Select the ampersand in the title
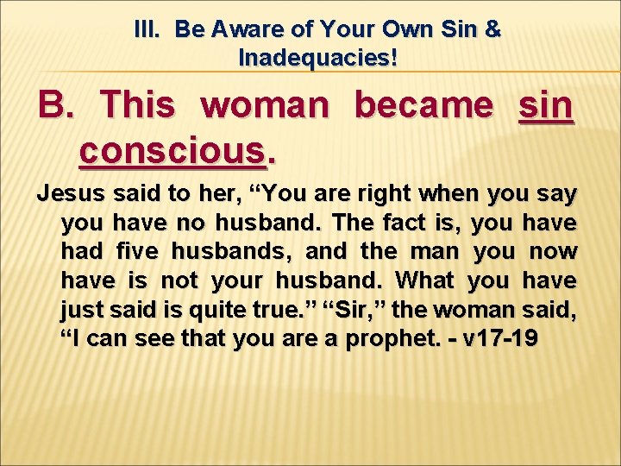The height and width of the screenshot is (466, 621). click(492, 29)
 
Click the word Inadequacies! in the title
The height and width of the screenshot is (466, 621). click(318, 59)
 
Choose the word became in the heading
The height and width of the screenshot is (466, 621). click(423, 106)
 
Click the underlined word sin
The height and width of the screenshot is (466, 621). click(546, 106)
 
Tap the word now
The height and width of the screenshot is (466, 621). click(550, 252)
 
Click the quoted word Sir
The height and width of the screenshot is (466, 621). click(386, 310)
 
